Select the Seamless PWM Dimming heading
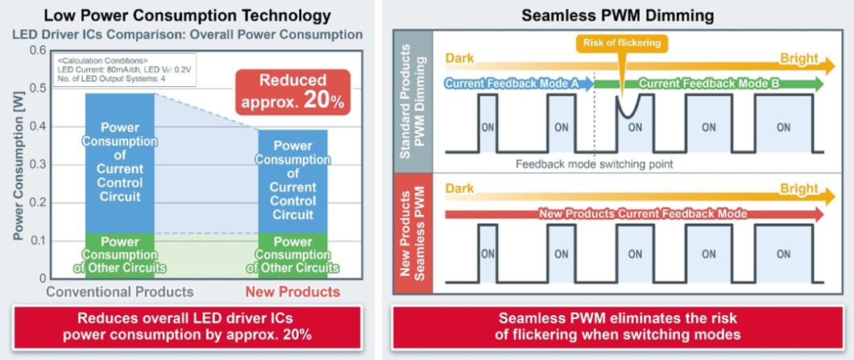pyautogui.click(x=618, y=15)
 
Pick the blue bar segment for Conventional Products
pyautogui.click(x=120, y=163)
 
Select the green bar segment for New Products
pyautogui.click(x=292, y=256)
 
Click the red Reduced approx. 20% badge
pyautogui.click(x=293, y=92)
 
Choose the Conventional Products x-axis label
pyautogui.click(x=120, y=292)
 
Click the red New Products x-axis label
pyautogui.click(x=292, y=292)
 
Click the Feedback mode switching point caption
pyautogui.click(x=595, y=163)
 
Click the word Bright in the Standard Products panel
pyautogui.click(x=799, y=58)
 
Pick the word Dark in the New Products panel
pyautogui.click(x=460, y=189)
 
